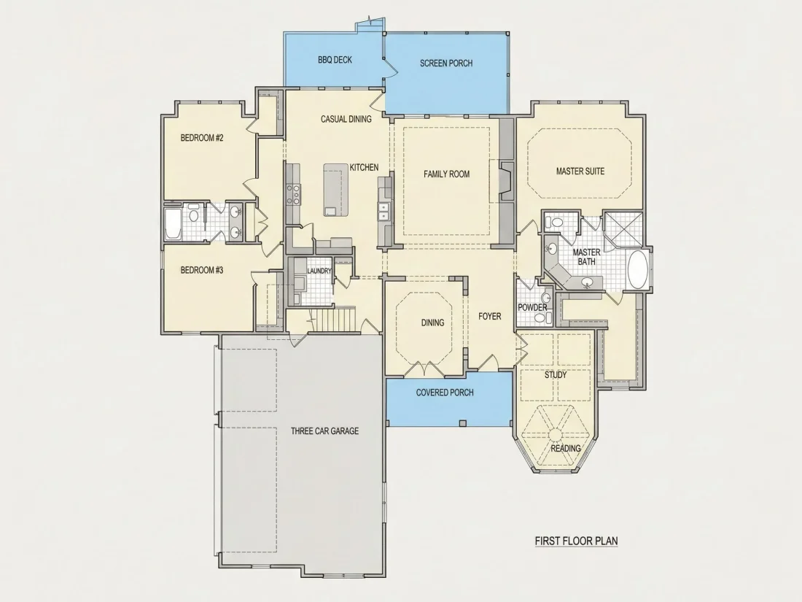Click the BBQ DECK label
pos(335,60)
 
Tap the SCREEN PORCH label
pos(446,63)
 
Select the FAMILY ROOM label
pos(446,174)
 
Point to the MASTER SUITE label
pos(580,171)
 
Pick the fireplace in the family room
pos(507,181)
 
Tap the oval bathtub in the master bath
pos(637,269)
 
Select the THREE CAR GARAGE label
pos(324,431)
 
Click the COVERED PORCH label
pos(445,393)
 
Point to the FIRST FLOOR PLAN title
pos(577,541)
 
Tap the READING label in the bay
pos(566,449)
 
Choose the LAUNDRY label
pos(319,271)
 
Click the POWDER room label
pos(532,307)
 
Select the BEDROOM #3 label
pos(202,270)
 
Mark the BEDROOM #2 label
pos(202,138)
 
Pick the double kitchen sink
pos(383,212)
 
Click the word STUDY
pos(556,375)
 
